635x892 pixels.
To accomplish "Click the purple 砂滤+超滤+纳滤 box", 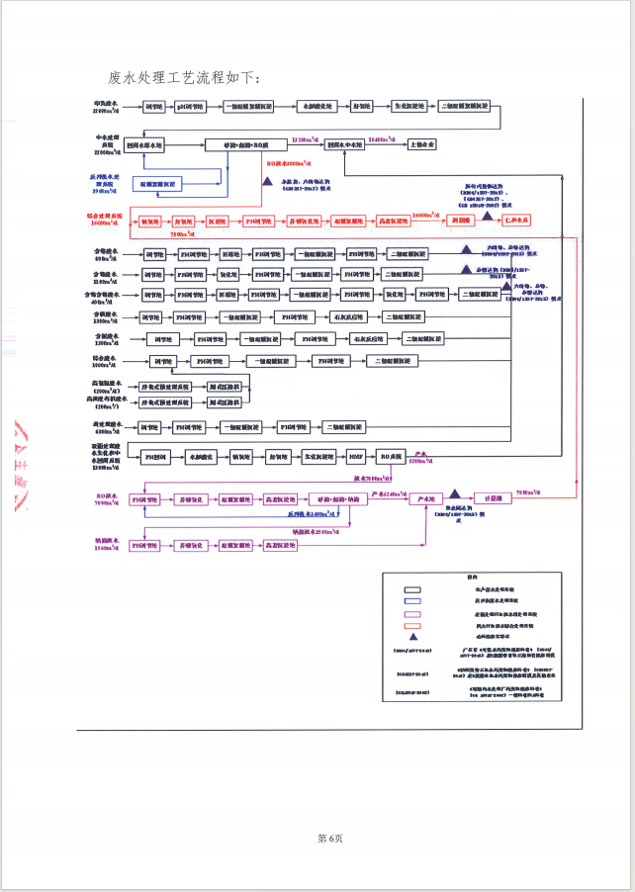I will (330, 498).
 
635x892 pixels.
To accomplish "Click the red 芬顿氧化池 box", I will (305, 221).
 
